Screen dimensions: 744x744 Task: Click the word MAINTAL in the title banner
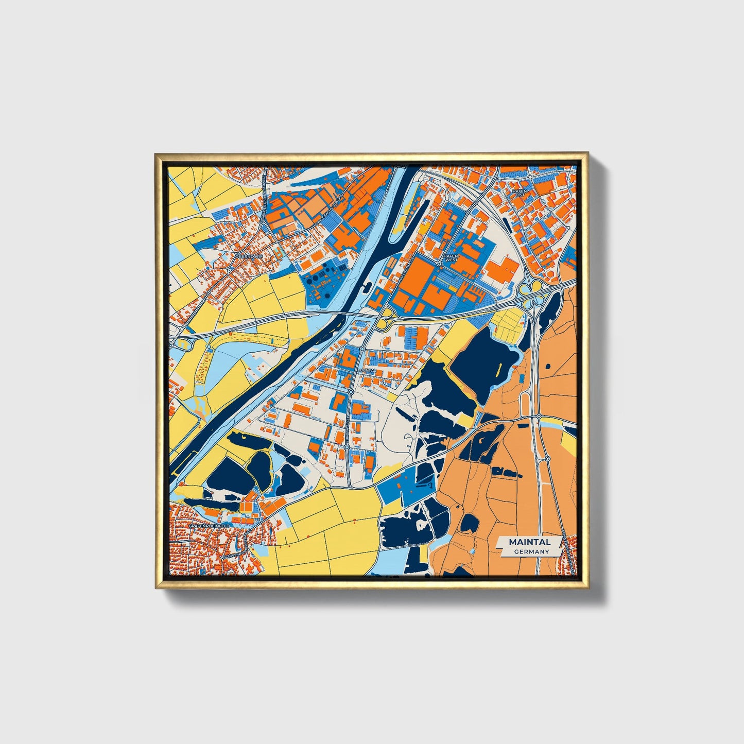coord(529,542)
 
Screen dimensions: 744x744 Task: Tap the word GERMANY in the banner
coord(531,551)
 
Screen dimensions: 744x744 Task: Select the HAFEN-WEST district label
coord(451,257)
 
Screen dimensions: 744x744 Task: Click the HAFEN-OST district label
coord(519,193)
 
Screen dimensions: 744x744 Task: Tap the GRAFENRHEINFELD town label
coord(209,526)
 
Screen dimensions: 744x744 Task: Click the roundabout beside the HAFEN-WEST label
coord(439,264)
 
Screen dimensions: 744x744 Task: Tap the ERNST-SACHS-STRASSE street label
coord(327,212)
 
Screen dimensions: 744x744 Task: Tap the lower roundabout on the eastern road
coord(547,458)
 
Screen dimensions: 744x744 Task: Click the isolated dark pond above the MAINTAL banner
coord(469,523)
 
